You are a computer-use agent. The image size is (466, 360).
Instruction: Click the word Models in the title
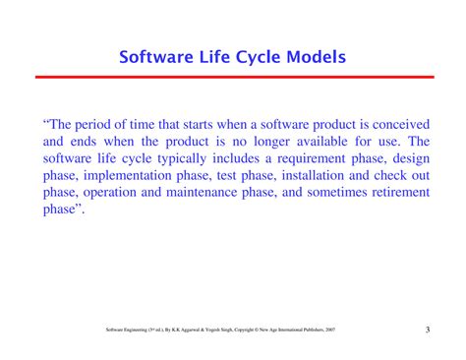coord(312,56)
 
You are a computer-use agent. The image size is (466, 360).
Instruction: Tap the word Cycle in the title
coord(246,56)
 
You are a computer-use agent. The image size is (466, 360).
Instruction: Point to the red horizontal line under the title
coord(233,76)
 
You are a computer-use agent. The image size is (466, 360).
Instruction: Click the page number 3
coord(428,330)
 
